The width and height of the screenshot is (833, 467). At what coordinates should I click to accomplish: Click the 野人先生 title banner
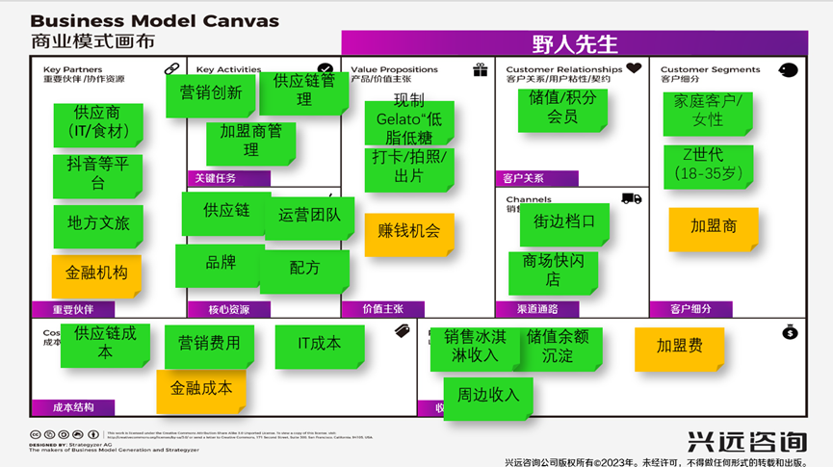click(x=575, y=42)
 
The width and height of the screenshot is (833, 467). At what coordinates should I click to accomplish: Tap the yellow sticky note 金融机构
click(x=96, y=274)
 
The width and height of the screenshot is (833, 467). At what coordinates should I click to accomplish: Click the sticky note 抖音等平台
click(x=98, y=174)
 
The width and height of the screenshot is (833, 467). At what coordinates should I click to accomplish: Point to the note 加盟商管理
click(x=250, y=142)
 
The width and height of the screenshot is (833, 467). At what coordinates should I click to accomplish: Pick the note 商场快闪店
click(x=553, y=271)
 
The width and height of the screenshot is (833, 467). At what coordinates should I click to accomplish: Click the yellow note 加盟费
click(x=679, y=348)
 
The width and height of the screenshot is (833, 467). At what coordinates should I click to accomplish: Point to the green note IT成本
click(x=319, y=345)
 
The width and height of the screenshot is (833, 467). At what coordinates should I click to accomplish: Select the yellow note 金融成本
click(x=201, y=390)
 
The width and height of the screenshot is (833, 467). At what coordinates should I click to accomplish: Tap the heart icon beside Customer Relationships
click(x=633, y=68)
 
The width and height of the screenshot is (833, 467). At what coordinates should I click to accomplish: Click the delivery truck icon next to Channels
click(x=632, y=199)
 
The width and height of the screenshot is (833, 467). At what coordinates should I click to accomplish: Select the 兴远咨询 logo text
click(x=746, y=441)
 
